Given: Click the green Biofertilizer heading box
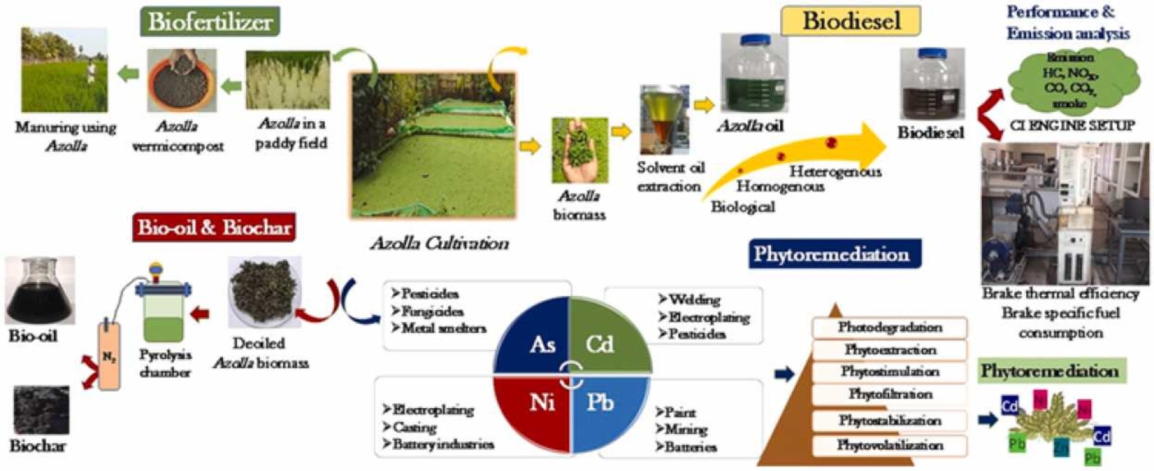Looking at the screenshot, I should pyautogui.click(x=210, y=21).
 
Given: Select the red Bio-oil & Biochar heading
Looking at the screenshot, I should pyautogui.click(x=214, y=228).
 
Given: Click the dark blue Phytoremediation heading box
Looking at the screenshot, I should pyautogui.click(x=831, y=254).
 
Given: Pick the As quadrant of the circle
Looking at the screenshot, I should pyautogui.click(x=537, y=340).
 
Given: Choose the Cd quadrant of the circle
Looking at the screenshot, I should pyautogui.click(x=603, y=340).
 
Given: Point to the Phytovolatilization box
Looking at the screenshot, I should pyautogui.click(x=890, y=445).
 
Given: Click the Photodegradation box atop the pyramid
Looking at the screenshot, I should pyautogui.click(x=890, y=327).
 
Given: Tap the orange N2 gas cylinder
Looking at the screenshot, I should pyautogui.click(x=109, y=356).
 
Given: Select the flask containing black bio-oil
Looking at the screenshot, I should pyautogui.click(x=40, y=291).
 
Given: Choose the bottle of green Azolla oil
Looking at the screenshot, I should pyautogui.click(x=754, y=74).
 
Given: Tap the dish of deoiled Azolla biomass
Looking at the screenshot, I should pyautogui.click(x=264, y=291).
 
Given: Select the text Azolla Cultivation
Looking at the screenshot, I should pyautogui.click(x=440, y=243).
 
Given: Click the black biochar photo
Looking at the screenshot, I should pyautogui.click(x=41, y=410).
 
